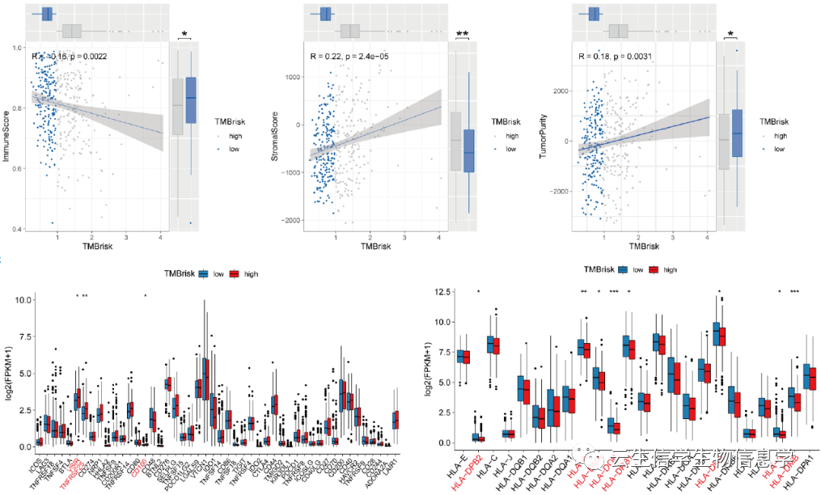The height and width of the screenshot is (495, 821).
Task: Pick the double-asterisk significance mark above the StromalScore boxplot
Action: pos(462,34)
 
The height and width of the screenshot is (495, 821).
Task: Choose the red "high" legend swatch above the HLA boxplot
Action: pos(655,270)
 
